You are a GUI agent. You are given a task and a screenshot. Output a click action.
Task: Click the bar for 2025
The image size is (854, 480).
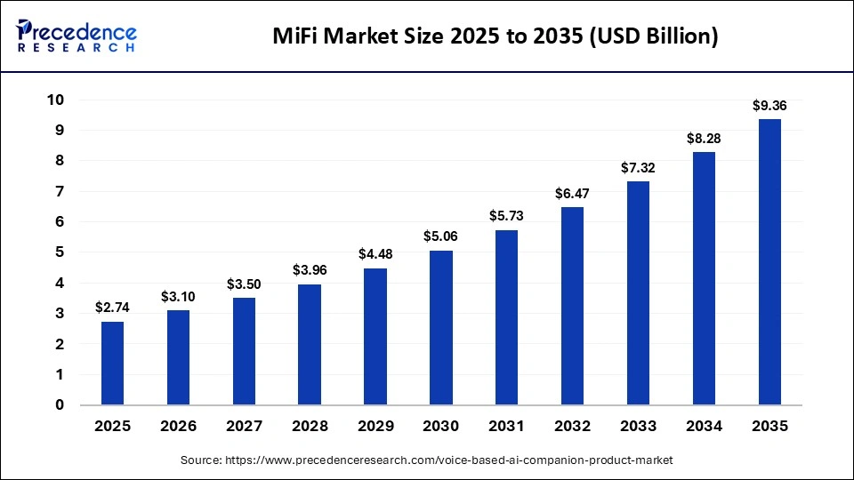coord(112,363)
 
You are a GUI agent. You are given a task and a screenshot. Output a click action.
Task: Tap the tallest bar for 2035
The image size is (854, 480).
coord(769,261)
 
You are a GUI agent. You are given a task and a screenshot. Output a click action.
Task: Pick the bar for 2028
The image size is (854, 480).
coord(310,344)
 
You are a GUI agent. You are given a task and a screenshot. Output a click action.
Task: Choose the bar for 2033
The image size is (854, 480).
coord(638,292)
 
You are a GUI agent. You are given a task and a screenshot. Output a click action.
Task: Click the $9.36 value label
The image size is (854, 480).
coord(769,106)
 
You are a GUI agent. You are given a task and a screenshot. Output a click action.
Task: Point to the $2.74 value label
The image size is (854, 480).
coord(112,308)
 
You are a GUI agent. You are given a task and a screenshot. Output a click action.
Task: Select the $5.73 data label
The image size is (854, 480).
coord(507,216)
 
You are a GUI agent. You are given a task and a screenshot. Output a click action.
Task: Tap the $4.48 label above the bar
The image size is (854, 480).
coord(375,254)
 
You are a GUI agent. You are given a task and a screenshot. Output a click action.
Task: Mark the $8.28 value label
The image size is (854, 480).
coord(704,139)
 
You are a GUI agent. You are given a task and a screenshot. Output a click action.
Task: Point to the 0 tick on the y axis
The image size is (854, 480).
coord(60,405)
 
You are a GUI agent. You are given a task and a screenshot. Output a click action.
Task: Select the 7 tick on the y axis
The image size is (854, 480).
coord(60,191)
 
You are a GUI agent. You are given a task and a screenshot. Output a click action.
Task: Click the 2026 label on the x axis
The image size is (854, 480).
coord(178,427)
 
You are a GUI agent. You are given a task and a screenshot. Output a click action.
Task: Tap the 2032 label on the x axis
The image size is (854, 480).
coord(572,427)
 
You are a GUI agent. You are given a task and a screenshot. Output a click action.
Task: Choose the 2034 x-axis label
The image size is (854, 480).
coord(704,427)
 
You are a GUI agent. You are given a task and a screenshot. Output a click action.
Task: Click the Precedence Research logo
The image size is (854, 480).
coord(77,36)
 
